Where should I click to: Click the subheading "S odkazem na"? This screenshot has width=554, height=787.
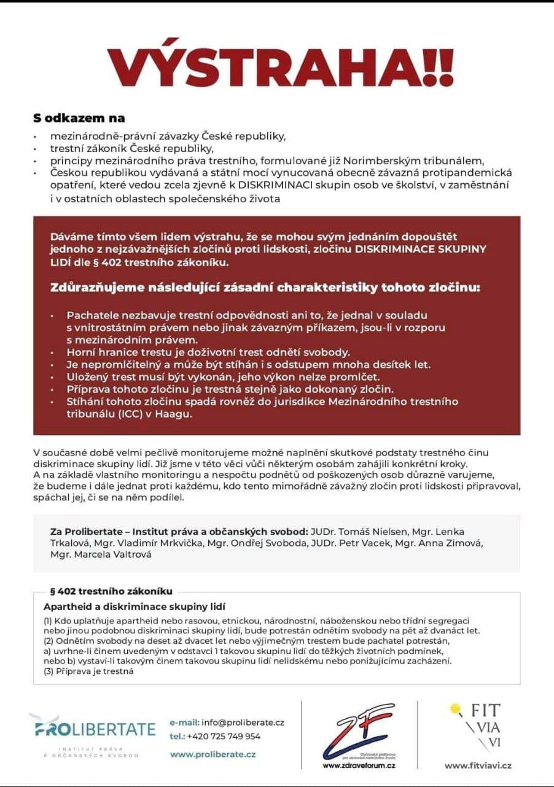coord(79,117)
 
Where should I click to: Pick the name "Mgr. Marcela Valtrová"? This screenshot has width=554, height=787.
coord(98,554)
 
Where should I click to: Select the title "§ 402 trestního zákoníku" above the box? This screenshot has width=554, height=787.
coord(111,591)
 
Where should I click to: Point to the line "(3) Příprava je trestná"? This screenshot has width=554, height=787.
coord(88,671)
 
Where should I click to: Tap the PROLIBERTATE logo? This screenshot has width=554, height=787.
coord(92,730)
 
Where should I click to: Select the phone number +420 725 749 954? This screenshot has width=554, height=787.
coord(224,736)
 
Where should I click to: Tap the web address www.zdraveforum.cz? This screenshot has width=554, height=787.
coord(359,765)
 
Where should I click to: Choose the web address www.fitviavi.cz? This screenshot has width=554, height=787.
coord(478,765)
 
